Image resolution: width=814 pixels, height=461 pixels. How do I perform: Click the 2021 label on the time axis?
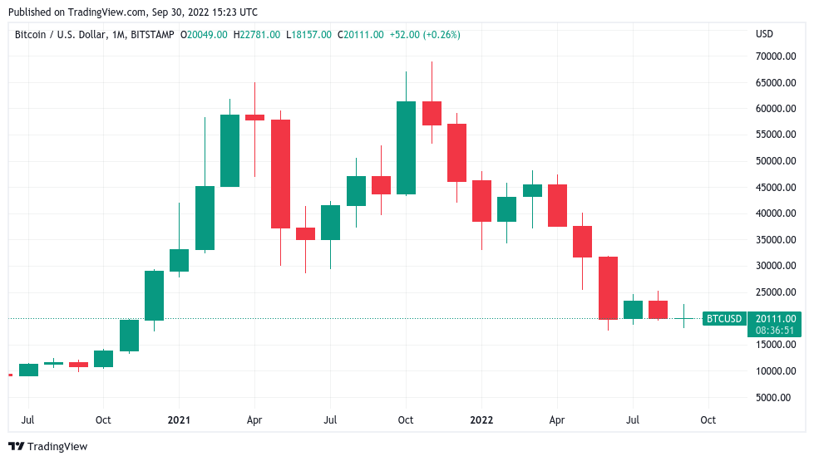coord(179,420)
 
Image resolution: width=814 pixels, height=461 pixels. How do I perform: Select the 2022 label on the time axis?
coord(481,420)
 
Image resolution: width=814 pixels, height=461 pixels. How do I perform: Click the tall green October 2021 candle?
coord(406,148)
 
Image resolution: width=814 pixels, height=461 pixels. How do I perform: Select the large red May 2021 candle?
coord(280,174)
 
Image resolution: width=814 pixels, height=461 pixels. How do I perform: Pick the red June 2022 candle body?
coord(609,288)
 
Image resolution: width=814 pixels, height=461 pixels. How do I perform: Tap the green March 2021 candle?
coord(229,150)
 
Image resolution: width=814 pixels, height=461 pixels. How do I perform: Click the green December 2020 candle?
coord(154,295)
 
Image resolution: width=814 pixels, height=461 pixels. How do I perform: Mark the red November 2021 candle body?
coord(432,113)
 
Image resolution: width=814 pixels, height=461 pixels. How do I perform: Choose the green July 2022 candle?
coord(634,310)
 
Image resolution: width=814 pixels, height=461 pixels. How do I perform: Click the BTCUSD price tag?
coord(723,318)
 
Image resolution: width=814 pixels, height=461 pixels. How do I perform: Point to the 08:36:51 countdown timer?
coord(776,330)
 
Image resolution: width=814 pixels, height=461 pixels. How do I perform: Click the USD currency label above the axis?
coord(764,34)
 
